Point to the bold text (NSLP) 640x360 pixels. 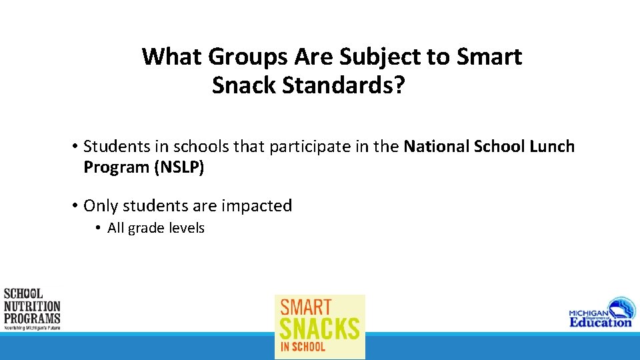coord(179,167)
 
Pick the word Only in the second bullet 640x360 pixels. coord(100,206)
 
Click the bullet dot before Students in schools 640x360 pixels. coord(76,147)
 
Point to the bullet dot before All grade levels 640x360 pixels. coord(97,228)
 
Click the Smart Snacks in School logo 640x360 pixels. coord(320,327)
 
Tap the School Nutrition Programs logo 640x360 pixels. coord(32,309)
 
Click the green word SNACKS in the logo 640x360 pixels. coord(320,328)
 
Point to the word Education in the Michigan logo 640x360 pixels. coord(600,321)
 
